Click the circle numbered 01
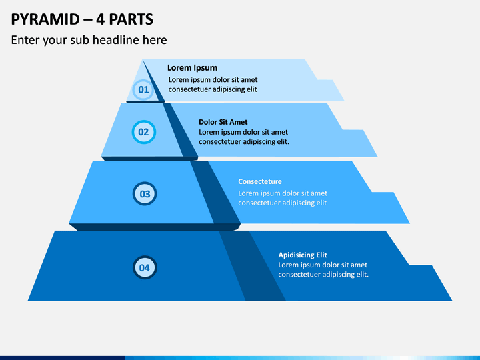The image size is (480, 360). point(143,90)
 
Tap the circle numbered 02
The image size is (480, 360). point(143,132)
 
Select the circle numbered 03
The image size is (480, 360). point(145,194)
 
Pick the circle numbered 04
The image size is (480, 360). point(145,267)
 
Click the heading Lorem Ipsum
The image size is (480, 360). point(192,67)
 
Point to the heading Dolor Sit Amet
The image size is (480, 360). point(223,122)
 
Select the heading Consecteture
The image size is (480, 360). point(260,181)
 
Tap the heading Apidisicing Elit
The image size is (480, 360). point(303,255)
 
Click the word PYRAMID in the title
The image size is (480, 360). point(45,19)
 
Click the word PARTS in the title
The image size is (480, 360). point(131,19)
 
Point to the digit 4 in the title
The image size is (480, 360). point(100,19)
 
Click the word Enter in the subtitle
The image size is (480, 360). point(25,40)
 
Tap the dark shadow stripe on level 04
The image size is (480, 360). point(252,266)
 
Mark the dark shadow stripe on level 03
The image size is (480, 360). point(215,192)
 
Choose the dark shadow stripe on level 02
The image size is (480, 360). point(180,130)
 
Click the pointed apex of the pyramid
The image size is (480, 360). point(143,60)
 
